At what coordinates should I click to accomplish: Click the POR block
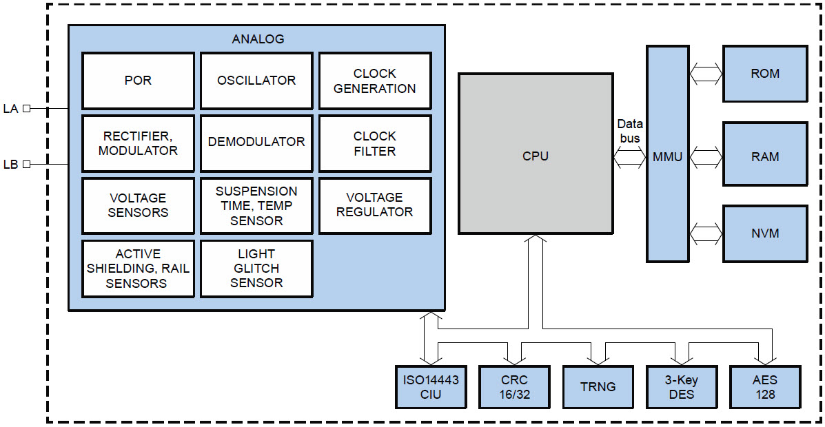click(x=138, y=81)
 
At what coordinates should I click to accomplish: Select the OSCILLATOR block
click(x=256, y=81)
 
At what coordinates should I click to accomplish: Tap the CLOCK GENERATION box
click(x=374, y=81)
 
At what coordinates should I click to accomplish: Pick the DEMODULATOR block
click(x=256, y=143)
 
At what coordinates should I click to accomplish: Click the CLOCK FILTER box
click(x=374, y=143)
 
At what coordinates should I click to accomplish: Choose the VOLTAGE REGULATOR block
click(x=374, y=205)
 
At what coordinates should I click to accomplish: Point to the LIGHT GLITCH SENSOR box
click(x=256, y=269)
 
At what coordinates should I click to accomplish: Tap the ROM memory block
click(x=765, y=74)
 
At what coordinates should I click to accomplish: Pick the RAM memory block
click(x=765, y=156)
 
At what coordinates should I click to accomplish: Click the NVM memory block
click(x=765, y=233)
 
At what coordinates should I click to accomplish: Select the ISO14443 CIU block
click(x=431, y=386)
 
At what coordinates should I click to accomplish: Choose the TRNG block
click(x=598, y=386)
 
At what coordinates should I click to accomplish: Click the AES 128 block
click(x=765, y=386)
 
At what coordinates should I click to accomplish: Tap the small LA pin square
click(x=26, y=108)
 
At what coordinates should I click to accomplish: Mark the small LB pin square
click(x=26, y=164)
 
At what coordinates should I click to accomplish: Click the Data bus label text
click(x=629, y=131)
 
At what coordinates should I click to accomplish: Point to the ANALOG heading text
click(x=258, y=39)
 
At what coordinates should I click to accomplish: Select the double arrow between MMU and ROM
click(x=706, y=74)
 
